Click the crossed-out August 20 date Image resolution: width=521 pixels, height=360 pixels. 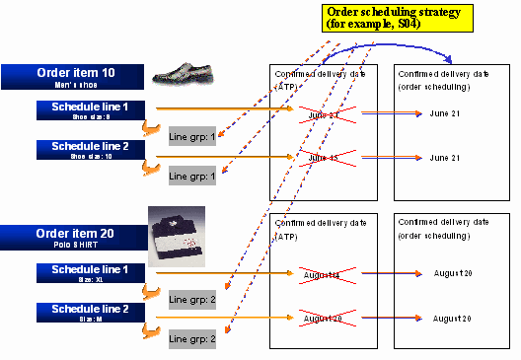pyautogui.click(x=322, y=319)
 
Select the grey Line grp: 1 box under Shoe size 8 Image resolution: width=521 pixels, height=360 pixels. pyautogui.click(x=191, y=135)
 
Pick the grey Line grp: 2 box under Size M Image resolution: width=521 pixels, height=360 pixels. pyautogui.click(x=191, y=338)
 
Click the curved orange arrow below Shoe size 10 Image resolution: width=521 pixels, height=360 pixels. pyautogui.click(x=151, y=171)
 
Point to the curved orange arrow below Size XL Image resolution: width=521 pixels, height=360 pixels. pyautogui.click(x=151, y=291)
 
